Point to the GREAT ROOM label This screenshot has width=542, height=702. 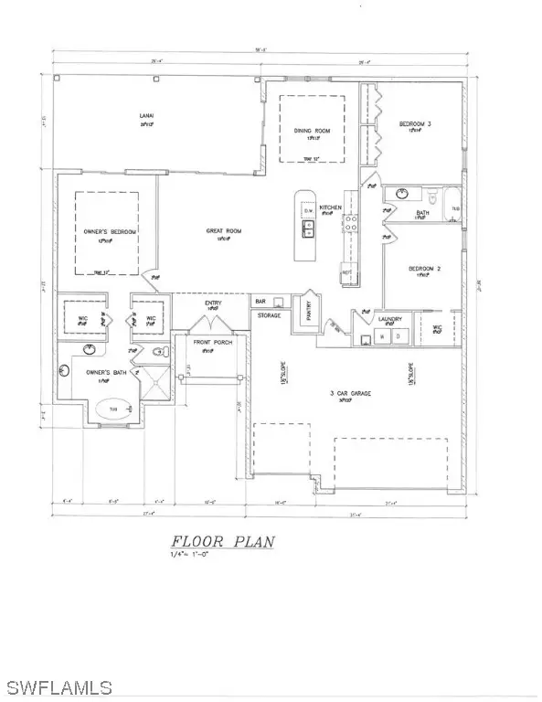point(223,232)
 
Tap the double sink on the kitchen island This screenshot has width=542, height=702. point(309,229)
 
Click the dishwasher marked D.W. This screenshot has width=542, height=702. point(309,212)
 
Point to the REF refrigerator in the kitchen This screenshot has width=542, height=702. point(346,271)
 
